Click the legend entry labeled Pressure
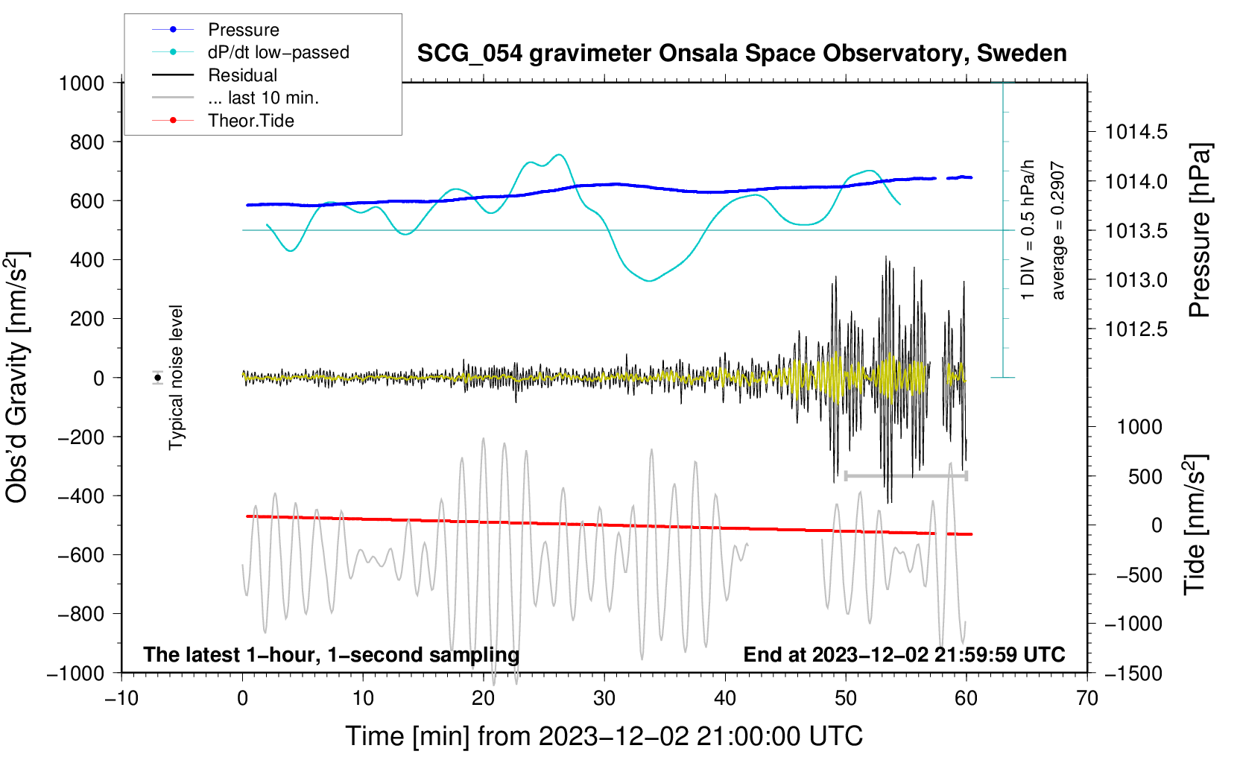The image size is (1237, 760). [243, 30]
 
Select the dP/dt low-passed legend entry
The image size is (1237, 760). [278, 52]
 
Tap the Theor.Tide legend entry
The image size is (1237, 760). [250, 121]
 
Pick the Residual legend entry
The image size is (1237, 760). [242, 75]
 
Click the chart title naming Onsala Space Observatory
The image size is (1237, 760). [741, 54]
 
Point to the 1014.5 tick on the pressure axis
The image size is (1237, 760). [1136, 133]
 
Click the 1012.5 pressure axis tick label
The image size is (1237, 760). [1136, 329]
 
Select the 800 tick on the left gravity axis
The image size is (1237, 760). [87, 142]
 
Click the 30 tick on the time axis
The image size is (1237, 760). [604, 698]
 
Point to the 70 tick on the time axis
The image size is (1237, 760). [1087, 698]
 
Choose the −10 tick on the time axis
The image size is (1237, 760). [121, 698]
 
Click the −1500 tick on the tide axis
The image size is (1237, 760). [1133, 674]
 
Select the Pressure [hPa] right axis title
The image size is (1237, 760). [1199, 230]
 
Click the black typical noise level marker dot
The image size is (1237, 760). [158, 378]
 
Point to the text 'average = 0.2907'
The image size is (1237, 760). [1058, 231]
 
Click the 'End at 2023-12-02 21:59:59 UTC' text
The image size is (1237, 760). [904, 654]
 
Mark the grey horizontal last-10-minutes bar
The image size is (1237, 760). [905, 475]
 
